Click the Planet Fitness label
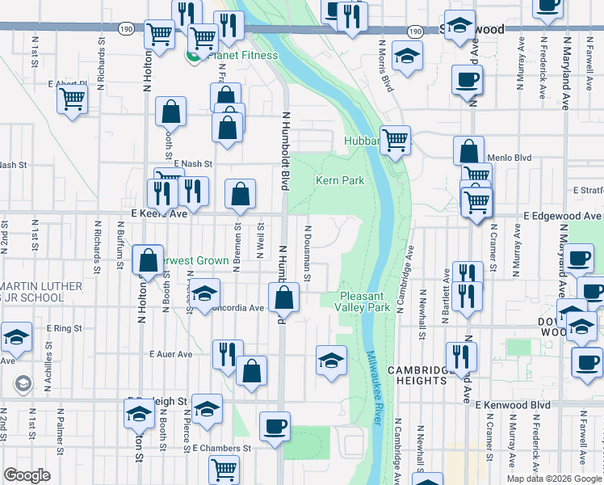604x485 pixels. click(242, 56)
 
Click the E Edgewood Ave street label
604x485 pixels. click(562, 217)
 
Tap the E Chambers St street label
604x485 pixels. click(222, 448)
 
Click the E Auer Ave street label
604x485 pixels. click(171, 354)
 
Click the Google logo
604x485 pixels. click(27, 475)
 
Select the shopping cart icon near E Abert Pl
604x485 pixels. click(73, 99)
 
